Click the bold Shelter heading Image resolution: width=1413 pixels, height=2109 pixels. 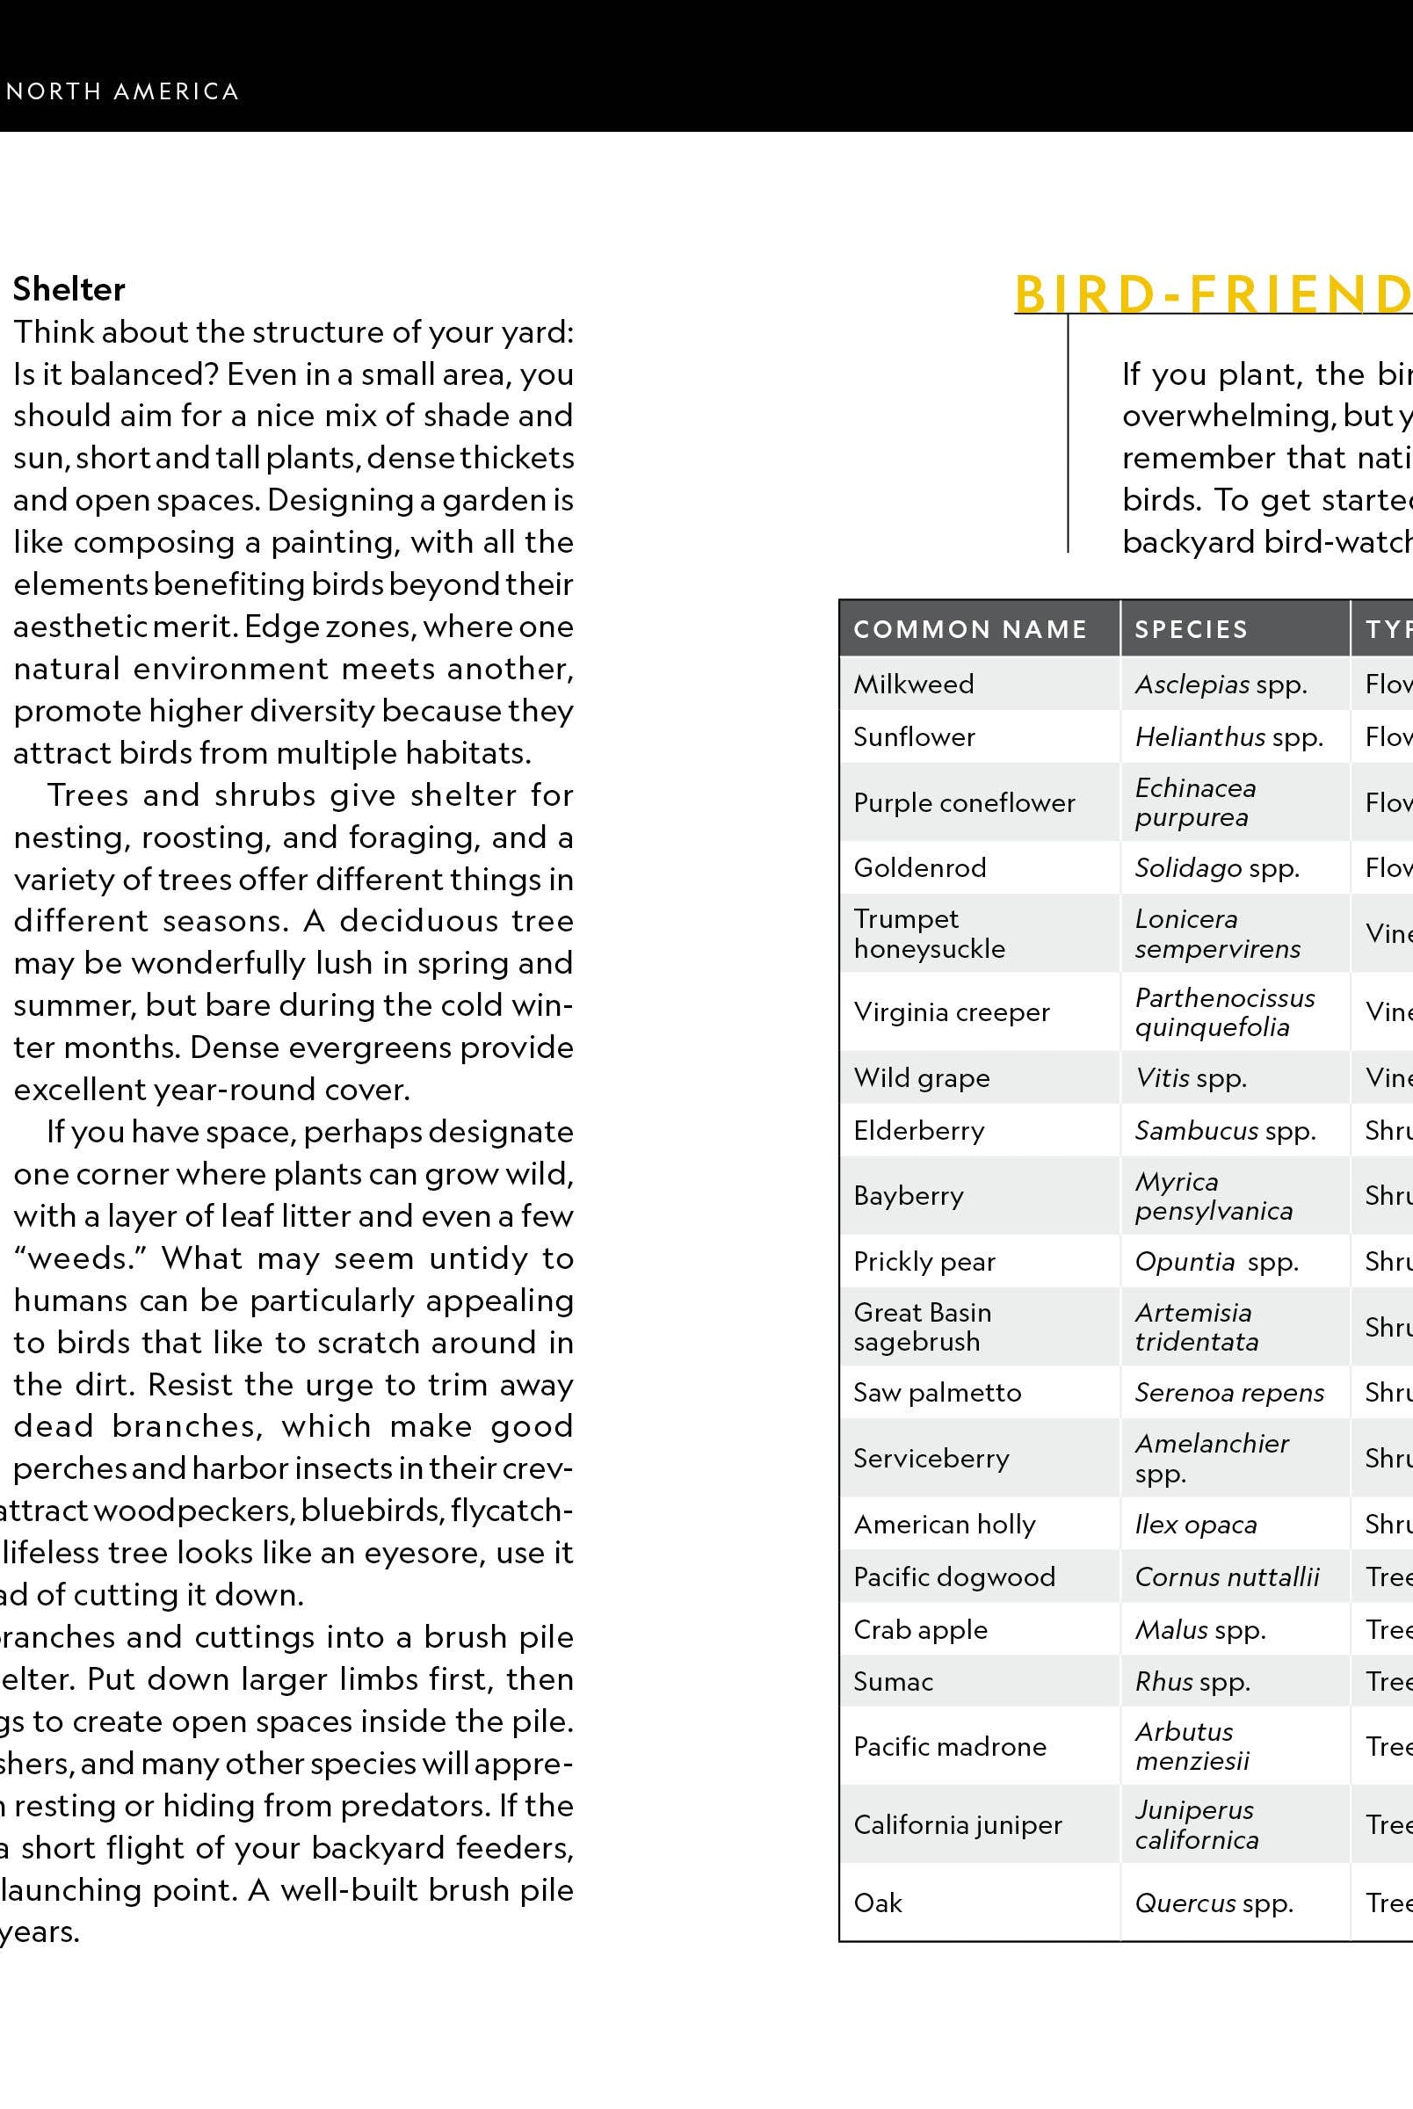coord(69,289)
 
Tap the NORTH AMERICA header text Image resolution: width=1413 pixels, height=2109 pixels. coord(122,92)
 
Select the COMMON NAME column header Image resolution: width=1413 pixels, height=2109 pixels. coord(969,629)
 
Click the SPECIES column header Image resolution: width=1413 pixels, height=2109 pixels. coord(1191,629)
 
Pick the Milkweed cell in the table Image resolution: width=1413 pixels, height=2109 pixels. coord(913,684)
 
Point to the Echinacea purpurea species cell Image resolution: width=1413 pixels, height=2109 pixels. coord(1195,801)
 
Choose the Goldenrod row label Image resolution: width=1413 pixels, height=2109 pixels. coord(919,867)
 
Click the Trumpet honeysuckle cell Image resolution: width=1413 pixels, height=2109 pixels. coord(929,933)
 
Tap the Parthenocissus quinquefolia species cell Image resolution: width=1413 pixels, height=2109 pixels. coord(1224,1011)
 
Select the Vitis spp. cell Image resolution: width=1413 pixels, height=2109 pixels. coord(1191,1077)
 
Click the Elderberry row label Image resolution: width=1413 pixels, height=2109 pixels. coord(918,1131)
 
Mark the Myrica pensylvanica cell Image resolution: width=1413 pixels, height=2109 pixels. coord(1213,1195)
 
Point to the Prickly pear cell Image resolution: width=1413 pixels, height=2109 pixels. coord(924,1261)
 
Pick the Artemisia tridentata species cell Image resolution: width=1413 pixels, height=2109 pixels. coord(1196,1327)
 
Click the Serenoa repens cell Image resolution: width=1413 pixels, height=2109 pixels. coord(1229,1393)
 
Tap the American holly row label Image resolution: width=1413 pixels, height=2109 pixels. coord(945,1525)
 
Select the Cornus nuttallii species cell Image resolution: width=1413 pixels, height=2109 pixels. coord(1227,1576)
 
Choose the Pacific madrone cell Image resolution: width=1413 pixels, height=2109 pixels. coord(950,1747)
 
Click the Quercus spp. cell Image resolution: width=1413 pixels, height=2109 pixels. coord(1214,1902)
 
